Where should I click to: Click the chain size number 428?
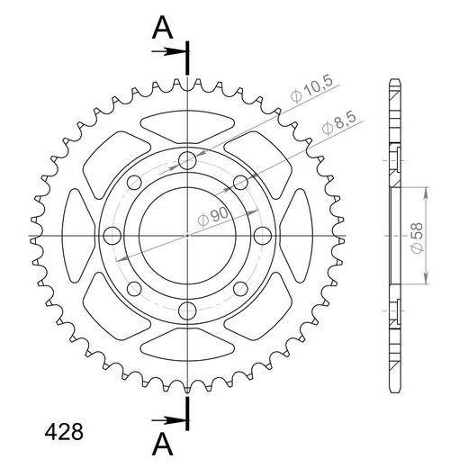[64, 432]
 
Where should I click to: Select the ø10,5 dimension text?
[312, 88]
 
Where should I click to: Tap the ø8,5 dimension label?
[339, 123]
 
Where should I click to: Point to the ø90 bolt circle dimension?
[213, 217]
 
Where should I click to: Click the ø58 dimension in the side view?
[417, 238]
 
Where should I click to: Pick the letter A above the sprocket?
[162, 28]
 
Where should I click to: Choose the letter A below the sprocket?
[162, 445]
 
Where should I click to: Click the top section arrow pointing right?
[168, 51]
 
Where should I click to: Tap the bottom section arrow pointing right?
[168, 420]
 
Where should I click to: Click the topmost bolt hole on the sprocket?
[187, 160]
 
